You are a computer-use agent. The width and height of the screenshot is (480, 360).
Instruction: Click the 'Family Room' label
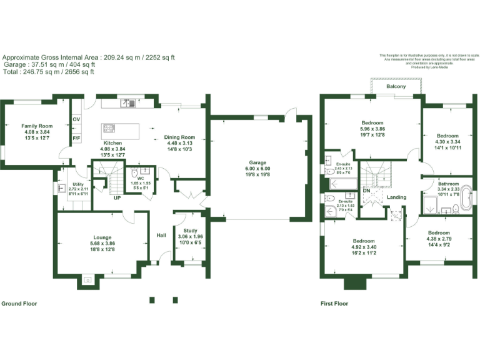37,126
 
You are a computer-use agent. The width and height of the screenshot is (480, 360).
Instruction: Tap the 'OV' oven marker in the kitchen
76,119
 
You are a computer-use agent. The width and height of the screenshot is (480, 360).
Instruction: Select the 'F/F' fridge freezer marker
76,138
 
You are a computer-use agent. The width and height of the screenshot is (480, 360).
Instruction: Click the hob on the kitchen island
109,129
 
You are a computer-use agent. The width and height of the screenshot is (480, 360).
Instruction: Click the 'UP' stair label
117,198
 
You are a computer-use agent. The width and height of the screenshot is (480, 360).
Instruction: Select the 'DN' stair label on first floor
367,190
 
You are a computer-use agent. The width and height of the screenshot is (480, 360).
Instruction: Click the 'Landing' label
396,197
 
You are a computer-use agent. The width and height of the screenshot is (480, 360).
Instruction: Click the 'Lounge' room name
102,237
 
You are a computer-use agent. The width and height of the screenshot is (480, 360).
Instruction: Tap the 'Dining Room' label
180,137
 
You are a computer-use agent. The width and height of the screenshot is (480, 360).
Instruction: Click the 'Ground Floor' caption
19,304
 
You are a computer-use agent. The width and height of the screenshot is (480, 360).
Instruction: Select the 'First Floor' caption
334,304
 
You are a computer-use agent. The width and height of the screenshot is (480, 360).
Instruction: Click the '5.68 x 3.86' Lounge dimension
102,243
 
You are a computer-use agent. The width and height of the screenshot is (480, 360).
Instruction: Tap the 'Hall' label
161,236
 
